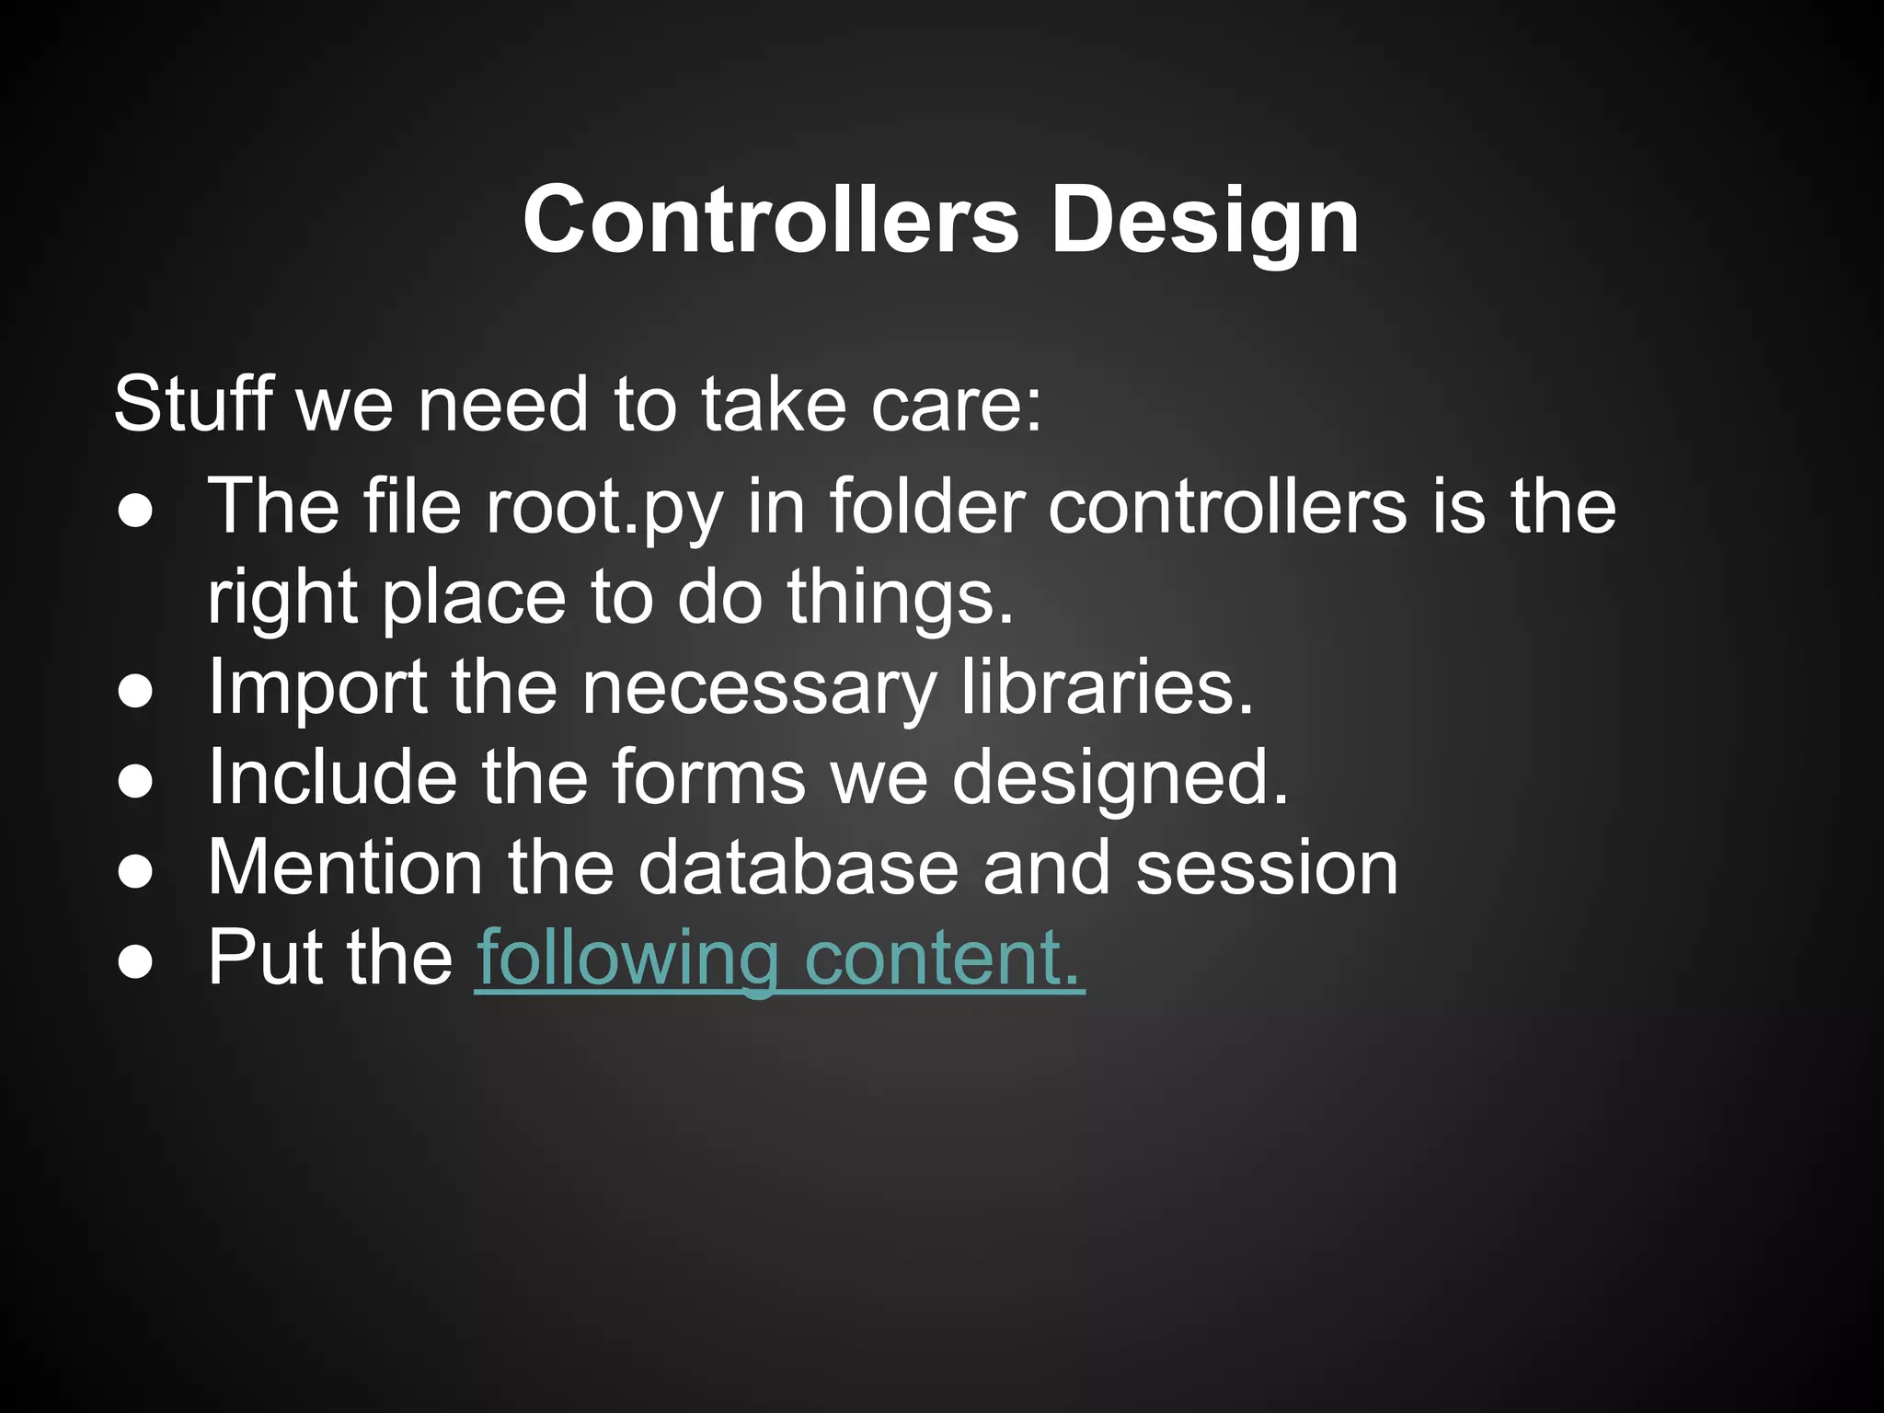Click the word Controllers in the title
(x=771, y=221)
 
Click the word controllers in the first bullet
(x=1227, y=506)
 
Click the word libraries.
(x=1108, y=686)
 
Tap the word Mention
(x=345, y=867)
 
